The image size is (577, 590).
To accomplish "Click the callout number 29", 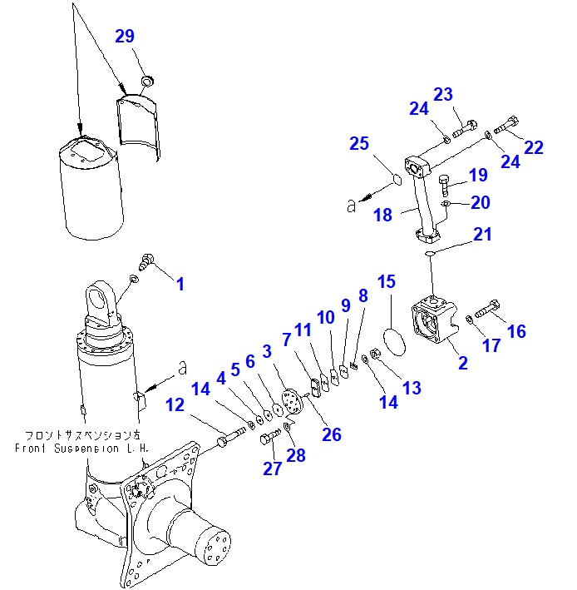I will [x=125, y=37].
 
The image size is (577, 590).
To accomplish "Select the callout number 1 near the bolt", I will [x=180, y=284].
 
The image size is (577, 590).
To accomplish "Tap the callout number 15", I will [x=387, y=282].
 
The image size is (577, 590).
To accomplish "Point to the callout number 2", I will [x=463, y=363].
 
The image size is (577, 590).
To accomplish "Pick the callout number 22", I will [x=533, y=147].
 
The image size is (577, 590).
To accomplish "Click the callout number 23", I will [x=466, y=95].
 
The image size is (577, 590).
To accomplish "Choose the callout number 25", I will [x=358, y=144].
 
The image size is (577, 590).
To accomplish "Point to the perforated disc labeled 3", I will [x=291, y=404].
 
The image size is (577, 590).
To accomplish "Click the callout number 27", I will [x=273, y=469].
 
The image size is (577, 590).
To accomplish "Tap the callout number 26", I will [x=333, y=434].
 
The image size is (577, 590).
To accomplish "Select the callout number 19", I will [x=477, y=176].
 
